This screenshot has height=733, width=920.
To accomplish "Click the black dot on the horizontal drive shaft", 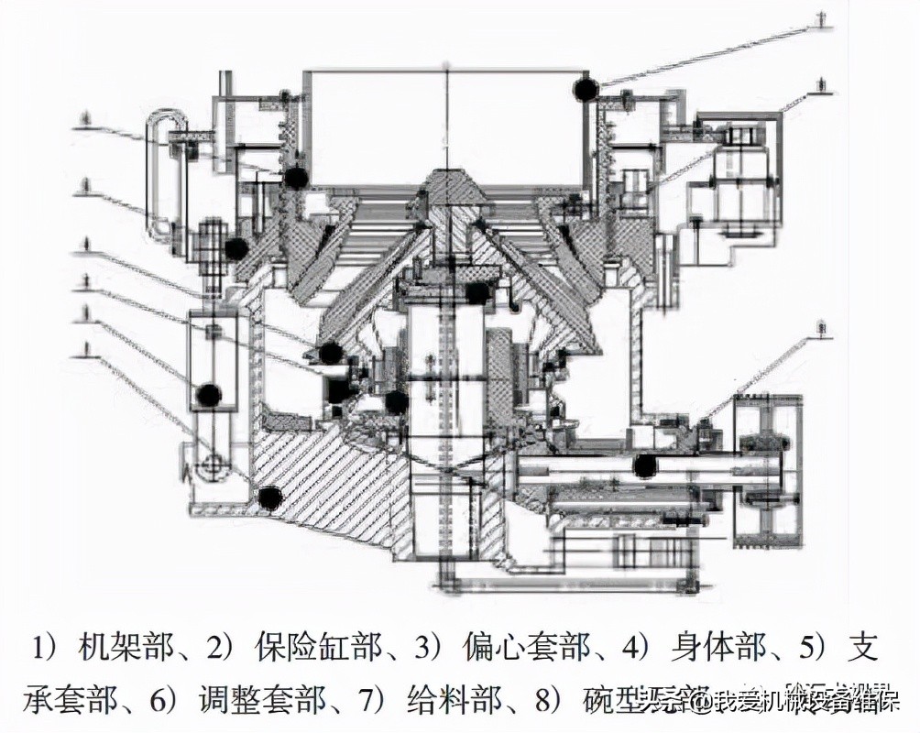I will [645, 465].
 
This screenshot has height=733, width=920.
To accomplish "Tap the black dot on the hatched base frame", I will [268, 497].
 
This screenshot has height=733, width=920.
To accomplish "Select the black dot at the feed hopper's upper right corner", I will [585, 88].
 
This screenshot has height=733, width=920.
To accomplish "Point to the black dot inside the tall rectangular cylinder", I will [210, 394].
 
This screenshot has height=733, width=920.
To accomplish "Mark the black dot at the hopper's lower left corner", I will [294, 178].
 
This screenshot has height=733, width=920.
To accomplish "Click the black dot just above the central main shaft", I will [476, 292].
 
